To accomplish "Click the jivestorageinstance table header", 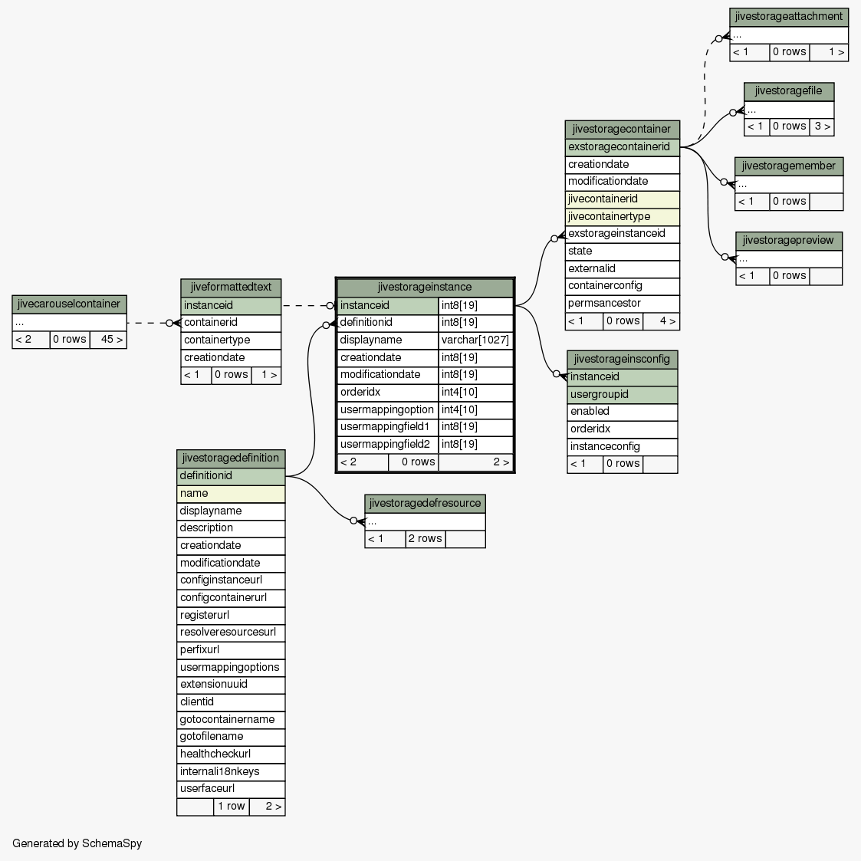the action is coord(425,288).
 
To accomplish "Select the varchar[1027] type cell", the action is coord(475,340).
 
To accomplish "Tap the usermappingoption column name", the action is coord(387,409).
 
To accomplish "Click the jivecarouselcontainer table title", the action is coord(69,304).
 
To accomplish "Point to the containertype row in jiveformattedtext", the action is coord(231,340).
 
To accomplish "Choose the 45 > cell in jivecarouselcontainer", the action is coord(109,340).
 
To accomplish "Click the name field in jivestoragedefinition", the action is coord(231,494).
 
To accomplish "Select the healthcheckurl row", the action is coord(231,754).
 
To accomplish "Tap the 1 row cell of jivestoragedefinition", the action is coord(232,807).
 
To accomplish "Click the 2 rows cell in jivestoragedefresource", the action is coord(426,539).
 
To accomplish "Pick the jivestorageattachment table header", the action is coord(789,17).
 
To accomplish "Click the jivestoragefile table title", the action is coord(789,91).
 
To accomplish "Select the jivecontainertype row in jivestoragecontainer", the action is coord(622,217).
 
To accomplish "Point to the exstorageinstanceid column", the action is coord(622,234).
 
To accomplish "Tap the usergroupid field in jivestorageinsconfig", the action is coord(622,395).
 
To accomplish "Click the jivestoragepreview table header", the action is coord(789,241).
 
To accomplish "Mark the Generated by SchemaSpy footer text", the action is coord(77,843).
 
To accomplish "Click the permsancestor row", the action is coord(622,304).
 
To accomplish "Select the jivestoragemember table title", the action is coord(789,166).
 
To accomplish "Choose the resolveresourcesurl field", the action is coord(231,633).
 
